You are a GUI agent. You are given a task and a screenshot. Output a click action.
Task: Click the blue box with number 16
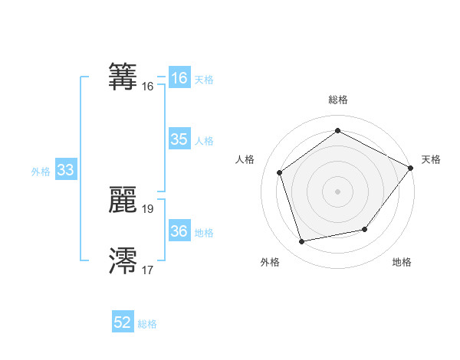click(x=179, y=78)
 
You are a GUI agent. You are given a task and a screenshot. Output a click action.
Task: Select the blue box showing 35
click(x=179, y=139)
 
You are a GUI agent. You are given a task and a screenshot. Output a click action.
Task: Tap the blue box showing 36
click(x=179, y=231)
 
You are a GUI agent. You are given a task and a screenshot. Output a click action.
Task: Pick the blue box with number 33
click(x=65, y=171)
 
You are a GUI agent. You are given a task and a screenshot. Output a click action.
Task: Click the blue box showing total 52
click(x=123, y=322)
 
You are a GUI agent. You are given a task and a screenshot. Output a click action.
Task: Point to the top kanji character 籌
click(x=123, y=75)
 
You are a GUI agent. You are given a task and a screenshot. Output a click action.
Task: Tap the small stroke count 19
click(x=148, y=208)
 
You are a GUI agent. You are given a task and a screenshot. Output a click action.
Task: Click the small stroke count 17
click(x=148, y=270)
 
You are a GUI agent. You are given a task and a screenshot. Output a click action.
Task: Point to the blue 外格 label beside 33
click(x=41, y=172)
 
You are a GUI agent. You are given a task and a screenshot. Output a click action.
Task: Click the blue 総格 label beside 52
click(x=147, y=324)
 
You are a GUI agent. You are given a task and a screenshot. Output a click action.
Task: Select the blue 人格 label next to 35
click(x=204, y=141)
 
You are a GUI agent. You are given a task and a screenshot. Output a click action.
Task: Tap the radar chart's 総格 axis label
click(x=338, y=100)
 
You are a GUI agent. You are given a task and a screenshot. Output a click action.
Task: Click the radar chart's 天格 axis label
click(x=431, y=159)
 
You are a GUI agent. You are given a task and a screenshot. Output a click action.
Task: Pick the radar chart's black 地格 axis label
click(x=402, y=263)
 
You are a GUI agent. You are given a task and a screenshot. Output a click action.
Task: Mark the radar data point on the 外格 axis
click(x=302, y=242)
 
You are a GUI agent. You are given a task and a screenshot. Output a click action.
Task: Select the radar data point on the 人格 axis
click(x=280, y=172)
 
